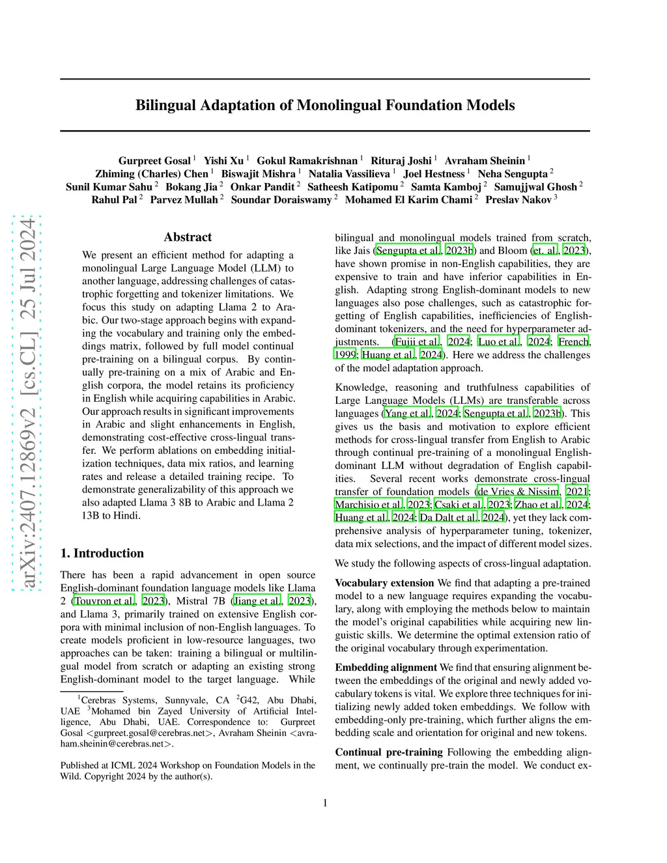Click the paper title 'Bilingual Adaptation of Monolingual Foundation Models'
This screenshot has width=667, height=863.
click(325, 106)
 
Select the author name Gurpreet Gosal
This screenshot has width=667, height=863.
click(154, 161)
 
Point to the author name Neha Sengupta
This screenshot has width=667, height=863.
click(513, 174)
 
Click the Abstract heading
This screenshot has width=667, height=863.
click(188, 237)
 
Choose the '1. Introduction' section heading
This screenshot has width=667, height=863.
click(102, 553)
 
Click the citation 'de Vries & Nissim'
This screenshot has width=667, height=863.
click(518, 492)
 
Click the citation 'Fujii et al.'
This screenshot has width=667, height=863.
click(417, 342)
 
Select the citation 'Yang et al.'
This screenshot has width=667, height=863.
click(408, 414)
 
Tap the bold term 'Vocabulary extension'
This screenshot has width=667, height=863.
click(384, 583)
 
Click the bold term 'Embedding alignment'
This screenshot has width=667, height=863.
click(386, 668)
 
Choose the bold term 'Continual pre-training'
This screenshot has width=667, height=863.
click(389, 752)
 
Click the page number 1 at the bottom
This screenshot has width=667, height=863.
click(325, 803)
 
